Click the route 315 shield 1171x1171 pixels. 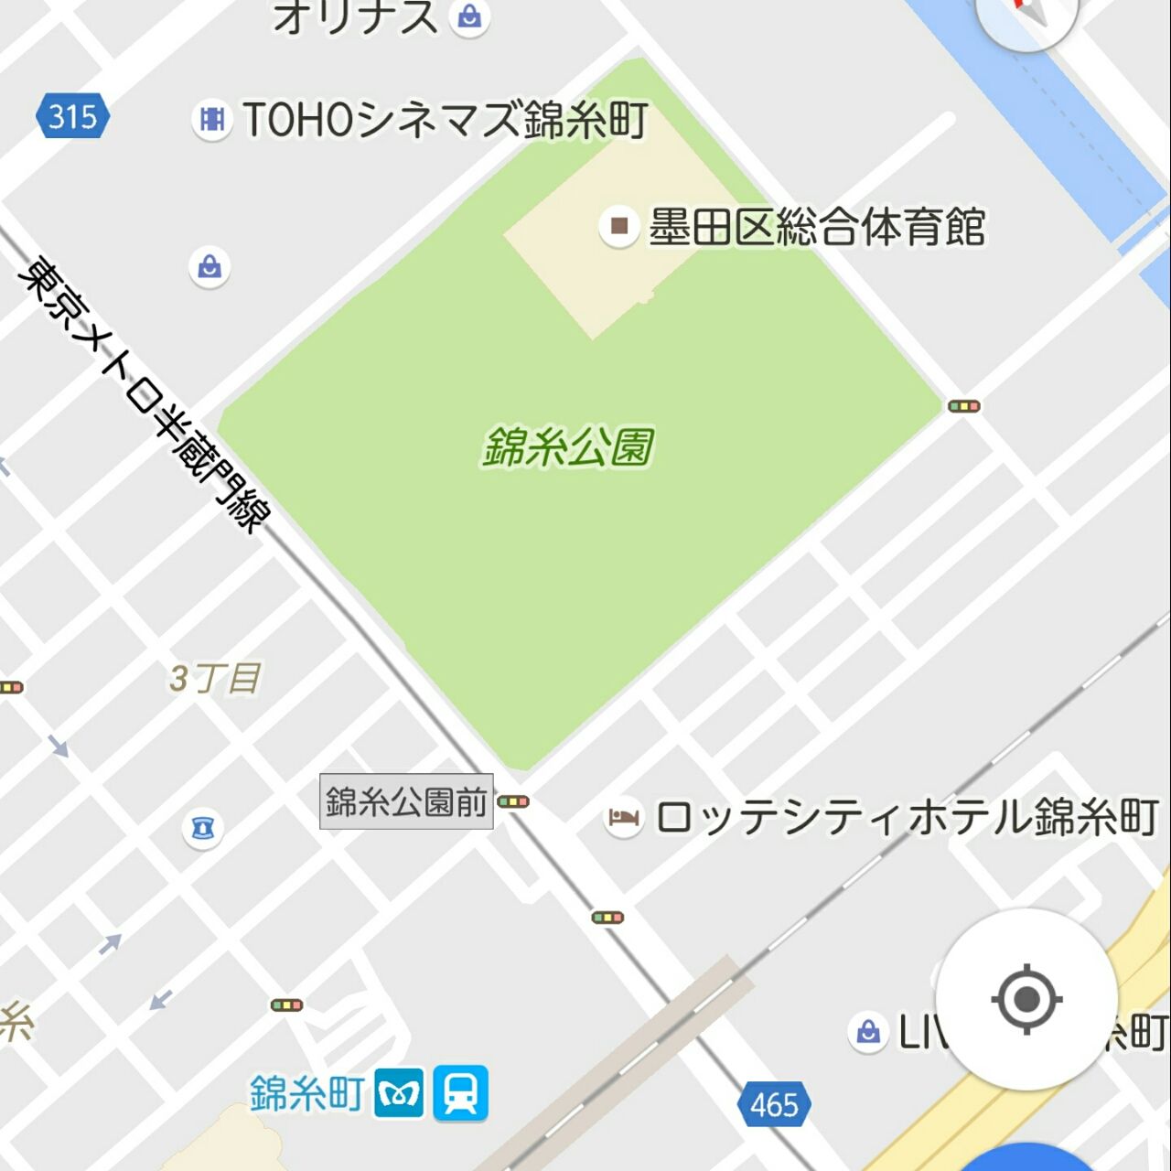coord(73,116)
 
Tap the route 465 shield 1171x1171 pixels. coord(774,1104)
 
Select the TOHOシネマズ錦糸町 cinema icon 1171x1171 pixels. coord(212,120)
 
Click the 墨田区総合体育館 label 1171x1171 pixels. coord(816,227)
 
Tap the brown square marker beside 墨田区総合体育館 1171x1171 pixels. coord(619,225)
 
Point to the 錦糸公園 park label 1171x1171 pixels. coord(568,447)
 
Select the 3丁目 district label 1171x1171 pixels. coord(214,679)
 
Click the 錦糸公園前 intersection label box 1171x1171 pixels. coord(406,802)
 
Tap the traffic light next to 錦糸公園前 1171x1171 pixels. coord(513,802)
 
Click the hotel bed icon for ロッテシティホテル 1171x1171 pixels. coord(624,817)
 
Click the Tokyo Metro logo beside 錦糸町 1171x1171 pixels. coord(400,1092)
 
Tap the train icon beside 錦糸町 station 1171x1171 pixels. coord(460,1092)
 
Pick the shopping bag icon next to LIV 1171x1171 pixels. coord(867,1032)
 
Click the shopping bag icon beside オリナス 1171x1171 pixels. coord(470,16)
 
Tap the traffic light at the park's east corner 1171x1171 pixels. coord(963,406)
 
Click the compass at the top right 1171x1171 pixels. coord(1026,14)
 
